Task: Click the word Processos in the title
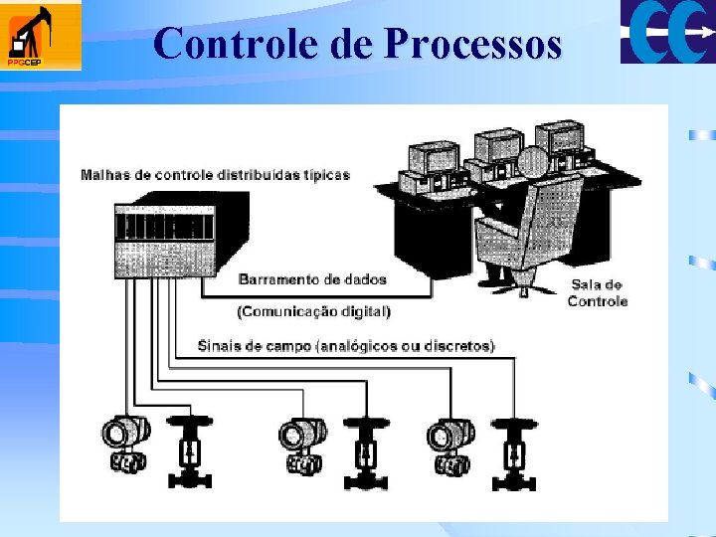tap(472, 44)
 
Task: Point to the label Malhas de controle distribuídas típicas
tap(215, 175)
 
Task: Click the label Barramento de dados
tap(312, 279)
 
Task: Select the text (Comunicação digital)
tap(313, 311)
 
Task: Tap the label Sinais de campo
tap(346, 346)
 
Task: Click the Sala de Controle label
tap(597, 292)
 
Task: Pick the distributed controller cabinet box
tap(180, 241)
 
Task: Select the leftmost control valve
tap(188, 450)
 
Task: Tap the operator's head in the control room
tap(533, 160)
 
